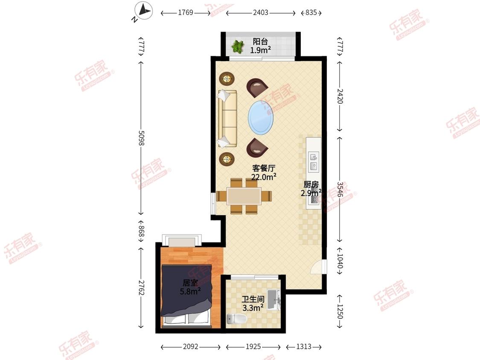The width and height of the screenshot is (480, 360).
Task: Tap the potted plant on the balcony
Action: click(x=238, y=46)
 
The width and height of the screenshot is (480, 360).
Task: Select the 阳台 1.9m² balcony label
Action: click(x=260, y=46)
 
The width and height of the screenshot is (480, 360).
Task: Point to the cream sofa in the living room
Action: click(x=227, y=119)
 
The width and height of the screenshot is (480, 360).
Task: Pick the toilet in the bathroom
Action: click(x=237, y=319)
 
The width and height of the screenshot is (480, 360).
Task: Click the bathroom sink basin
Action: click(x=273, y=300)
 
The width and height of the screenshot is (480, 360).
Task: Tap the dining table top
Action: click(x=244, y=196)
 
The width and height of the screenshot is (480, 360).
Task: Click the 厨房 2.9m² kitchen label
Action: click(x=311, y=189)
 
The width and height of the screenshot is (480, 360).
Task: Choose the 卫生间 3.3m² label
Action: click(x=253, y=303)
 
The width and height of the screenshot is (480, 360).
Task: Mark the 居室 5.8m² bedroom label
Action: click(x=190, y=287)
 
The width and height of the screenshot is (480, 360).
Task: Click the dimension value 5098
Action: click(x=141, y=138)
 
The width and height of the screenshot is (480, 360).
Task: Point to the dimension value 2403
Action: click(x=261, y=12)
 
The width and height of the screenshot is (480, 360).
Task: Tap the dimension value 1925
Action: click(x=253, y=346)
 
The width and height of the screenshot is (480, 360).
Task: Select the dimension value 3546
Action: click(x=340, y=189)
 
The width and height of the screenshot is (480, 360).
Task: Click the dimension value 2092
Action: click(x=190, y=346)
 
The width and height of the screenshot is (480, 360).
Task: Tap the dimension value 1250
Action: click(x=340, y=311)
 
